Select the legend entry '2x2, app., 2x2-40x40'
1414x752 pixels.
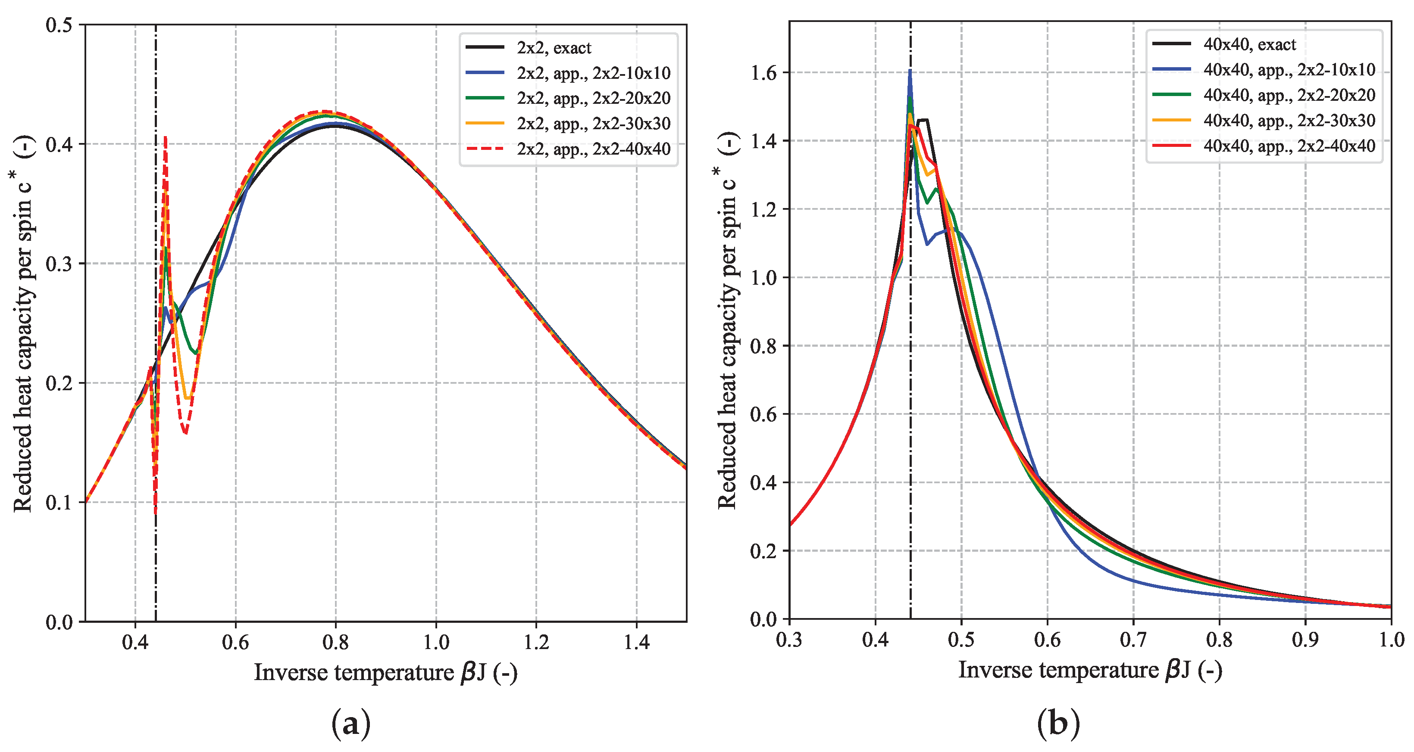[x=593, y=149]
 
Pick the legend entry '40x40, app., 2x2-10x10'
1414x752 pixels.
[x=1289, y=70]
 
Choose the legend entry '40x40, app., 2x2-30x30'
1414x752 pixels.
[x=1289, y=120]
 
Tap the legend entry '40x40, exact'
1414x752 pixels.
[x=1249, y=44]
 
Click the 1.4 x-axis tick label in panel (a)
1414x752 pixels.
[x=636, y=642]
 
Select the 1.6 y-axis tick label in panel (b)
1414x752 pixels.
[x=763, y=72]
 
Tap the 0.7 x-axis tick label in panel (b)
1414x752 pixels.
[x=1133, y=640]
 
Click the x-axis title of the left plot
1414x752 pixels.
[x=385, y=672]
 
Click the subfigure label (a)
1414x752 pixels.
[x=351, y=724]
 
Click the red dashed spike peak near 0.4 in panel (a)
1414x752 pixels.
[x=165, y=138]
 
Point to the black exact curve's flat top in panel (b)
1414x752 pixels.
[x=923, y=120]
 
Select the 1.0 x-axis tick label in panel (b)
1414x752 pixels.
[x=1392, y=640]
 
